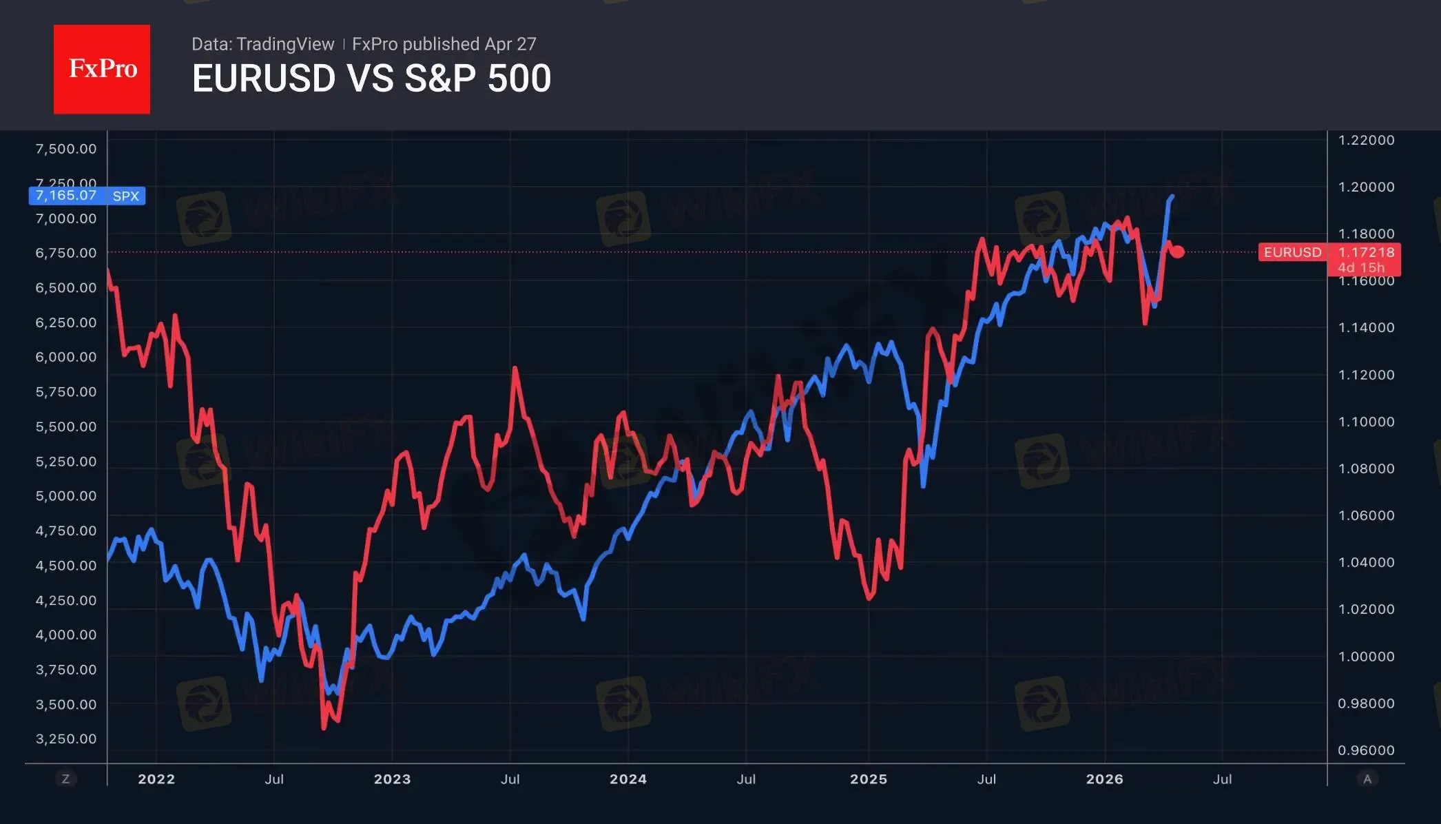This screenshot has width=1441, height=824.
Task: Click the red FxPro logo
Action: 102,69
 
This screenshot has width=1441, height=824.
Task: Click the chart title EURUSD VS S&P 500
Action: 371,78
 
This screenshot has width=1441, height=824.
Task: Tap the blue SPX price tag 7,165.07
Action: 87,196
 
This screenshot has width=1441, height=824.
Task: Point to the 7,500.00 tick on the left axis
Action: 66,149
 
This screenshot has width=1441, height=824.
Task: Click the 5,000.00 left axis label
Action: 66,496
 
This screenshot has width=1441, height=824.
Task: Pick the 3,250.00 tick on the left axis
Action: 66,739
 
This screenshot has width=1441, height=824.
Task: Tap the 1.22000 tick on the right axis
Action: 1366,140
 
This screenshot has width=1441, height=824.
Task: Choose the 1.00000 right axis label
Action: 1366,657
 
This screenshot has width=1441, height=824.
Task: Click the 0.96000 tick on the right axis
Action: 1366,750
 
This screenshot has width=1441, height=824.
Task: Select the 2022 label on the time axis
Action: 156,779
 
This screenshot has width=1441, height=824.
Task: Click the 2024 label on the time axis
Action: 628,779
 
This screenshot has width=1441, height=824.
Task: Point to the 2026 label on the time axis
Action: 1104,779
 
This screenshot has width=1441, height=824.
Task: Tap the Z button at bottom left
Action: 66,779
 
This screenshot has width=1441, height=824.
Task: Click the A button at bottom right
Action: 1367,779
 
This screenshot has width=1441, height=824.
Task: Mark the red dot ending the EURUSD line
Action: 1178,252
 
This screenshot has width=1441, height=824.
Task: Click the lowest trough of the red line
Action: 324,727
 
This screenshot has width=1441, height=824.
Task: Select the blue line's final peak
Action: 1172,196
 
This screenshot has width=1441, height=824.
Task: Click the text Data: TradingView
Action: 262,44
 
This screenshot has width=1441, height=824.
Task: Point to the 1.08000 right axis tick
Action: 1366,468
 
